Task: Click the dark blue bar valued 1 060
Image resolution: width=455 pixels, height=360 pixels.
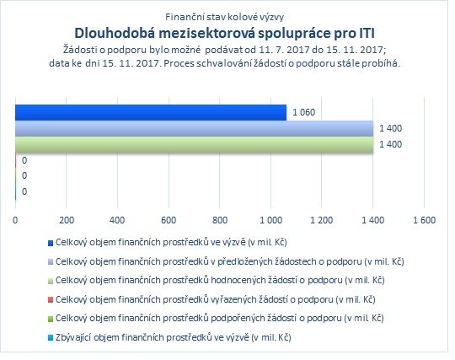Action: pos(151,112)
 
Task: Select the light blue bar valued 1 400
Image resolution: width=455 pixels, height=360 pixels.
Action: pos(194,128)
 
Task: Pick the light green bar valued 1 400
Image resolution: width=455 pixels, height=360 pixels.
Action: pos(194,144)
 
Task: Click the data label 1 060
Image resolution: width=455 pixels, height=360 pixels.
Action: pos(303,112)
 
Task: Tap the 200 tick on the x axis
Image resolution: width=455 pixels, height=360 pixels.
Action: pos(67,220)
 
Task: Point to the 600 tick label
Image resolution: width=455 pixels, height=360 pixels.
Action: pos(169,220)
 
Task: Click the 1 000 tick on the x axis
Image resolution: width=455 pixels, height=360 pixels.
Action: pos(270,220)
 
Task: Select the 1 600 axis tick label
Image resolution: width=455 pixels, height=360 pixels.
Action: pos(424,220)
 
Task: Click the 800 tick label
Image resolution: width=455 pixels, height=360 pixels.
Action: pos(220,220)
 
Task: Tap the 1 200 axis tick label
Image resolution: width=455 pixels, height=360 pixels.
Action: pos(322,220)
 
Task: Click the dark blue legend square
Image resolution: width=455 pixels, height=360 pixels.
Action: pos(51,243)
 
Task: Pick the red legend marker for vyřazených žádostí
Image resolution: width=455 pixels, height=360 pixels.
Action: pos(51,300)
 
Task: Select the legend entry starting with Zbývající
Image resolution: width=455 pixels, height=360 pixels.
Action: pos(174,337)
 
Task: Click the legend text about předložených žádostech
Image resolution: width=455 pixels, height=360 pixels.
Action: pos(229,261)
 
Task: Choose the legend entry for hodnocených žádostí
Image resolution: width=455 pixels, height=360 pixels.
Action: pos(220,280)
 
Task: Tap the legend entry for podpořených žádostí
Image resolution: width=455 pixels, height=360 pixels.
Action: pos(220,318)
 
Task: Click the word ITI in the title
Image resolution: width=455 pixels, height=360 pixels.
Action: pos(366,33)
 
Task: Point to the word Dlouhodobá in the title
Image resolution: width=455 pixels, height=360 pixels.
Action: pos(115,33)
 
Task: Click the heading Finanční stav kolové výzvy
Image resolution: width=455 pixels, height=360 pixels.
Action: pos(224,17)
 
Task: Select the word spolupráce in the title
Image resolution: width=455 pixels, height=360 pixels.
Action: pos(294,34)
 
